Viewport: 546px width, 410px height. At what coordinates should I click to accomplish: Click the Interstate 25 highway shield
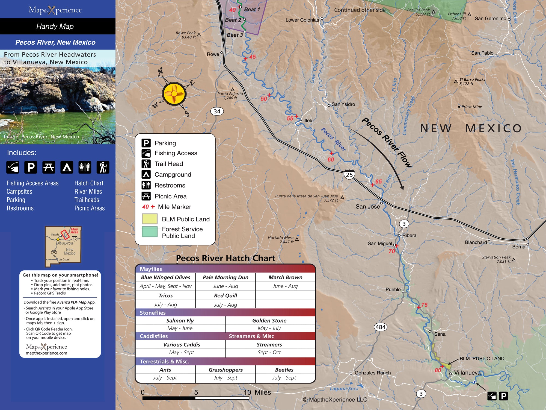pos(349,174)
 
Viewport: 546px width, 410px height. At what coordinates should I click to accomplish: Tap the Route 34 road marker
pos(217,111)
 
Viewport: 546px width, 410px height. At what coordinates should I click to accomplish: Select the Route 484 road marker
pos(380,327)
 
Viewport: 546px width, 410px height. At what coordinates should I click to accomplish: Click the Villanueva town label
pos(467,373)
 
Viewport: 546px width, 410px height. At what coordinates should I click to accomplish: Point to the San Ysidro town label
pos(343,104)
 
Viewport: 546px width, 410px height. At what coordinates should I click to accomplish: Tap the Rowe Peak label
pos(186,35)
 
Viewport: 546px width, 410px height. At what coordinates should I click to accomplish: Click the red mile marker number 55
pos(290,118)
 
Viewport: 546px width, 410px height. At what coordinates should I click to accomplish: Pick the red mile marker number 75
pos(424,304)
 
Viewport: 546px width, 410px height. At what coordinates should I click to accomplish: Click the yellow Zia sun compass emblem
pos(174,93)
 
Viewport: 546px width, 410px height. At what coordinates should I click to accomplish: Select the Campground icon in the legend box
pos(146,174)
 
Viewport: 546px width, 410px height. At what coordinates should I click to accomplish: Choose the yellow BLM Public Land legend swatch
pos(149,219)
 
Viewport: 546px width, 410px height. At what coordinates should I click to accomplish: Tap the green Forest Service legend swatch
pos(149,232)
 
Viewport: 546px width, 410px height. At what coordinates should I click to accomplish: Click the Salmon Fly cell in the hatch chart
pos(180,320)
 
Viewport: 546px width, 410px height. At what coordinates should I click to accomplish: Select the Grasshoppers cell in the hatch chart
pos(225,370)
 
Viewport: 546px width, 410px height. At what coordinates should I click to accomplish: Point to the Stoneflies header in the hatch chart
pos(153,313)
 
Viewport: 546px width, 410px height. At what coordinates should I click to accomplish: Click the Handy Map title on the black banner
pos(55,26)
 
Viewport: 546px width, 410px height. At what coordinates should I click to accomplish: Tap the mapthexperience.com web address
pos(46,353)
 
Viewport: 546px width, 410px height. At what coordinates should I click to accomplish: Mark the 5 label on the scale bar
pos(196,392)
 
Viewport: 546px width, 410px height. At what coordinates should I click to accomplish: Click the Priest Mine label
pos(471,107)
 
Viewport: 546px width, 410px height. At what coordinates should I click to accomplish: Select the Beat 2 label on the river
pos(233,20)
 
